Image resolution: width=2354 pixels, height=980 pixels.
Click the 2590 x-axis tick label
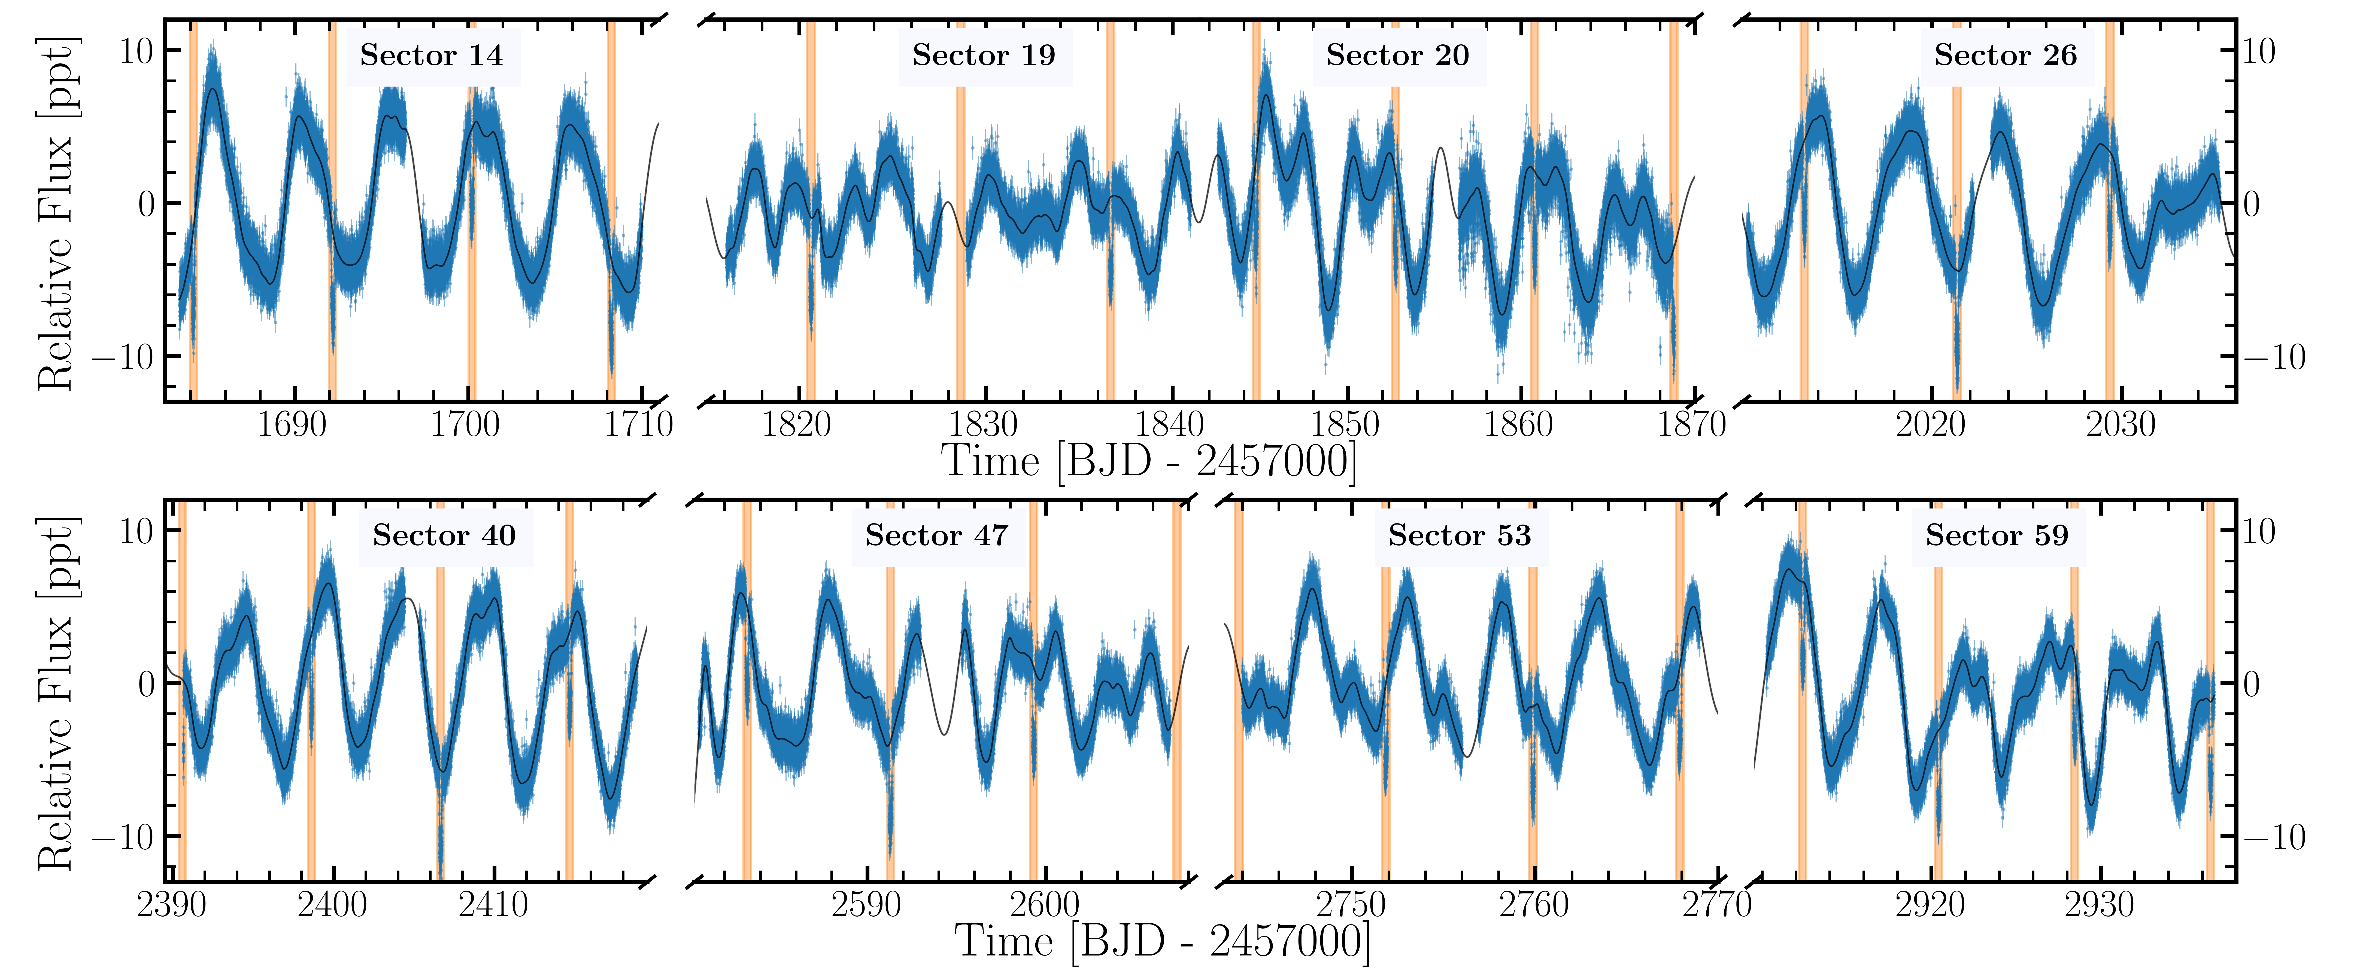pyautogui.click(x=866, y=905)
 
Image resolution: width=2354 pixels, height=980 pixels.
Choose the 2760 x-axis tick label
pyautogui.click(x=1533, y=905)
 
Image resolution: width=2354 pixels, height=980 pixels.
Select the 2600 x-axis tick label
pyautogui.click(x=1045, y=905)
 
